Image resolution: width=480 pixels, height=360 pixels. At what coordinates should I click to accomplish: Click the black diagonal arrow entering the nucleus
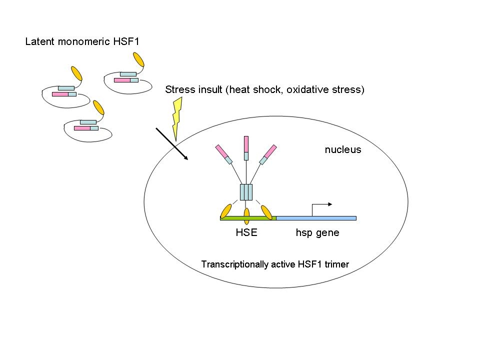tap(171, 144)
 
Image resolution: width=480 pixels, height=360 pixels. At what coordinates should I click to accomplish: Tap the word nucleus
tap(343, 149)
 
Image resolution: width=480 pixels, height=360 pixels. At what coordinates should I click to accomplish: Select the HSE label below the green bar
tap(246, 232)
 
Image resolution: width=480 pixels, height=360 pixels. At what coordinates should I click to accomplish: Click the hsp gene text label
tap(317, 232)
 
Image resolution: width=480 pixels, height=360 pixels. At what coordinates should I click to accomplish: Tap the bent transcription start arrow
tap(320, 206)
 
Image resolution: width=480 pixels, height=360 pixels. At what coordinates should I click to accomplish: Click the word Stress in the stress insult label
tap(178, 90)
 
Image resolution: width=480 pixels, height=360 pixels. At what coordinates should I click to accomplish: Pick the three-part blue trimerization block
tap(246, 192)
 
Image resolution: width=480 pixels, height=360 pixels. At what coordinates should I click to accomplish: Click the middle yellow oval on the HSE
tap(246, 216)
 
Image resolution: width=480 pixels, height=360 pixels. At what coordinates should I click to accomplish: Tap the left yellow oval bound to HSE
tap(226, 211)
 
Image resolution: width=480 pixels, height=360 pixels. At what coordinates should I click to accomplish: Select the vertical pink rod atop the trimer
tap(246, 144)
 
